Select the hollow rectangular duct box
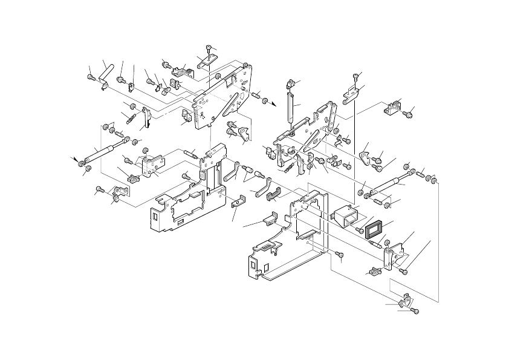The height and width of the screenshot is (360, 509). click(x=345, y=217)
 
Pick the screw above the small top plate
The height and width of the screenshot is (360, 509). click(x=209, y=48)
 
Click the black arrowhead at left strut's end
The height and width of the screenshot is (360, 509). click(x=77, y=160)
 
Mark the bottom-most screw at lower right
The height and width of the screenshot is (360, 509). click(x=414, y=310)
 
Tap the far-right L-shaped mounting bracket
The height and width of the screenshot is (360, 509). click(x=394, y=107)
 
